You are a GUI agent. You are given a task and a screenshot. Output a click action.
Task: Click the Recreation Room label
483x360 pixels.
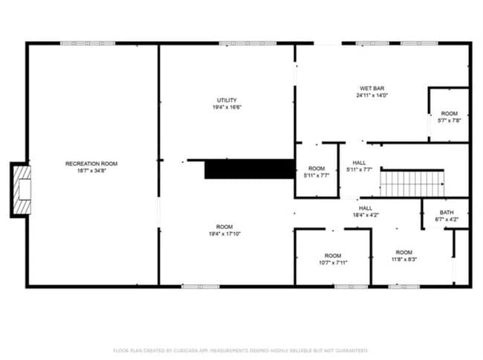pyautogui.click(x=91, y=164)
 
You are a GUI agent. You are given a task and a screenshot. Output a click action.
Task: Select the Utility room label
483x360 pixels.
pyautogui.click(x=227, y=100)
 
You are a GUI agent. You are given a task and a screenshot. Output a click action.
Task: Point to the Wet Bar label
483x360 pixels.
pyautogui.click(x=372, y=89)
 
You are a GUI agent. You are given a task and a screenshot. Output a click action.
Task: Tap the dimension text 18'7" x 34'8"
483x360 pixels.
pyautogui.click(x=91, y=170)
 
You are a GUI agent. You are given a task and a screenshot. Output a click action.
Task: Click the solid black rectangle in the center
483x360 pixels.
pyautogui.click(x=250, y=169)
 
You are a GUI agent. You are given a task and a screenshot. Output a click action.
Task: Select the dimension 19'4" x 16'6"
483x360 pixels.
pyautogui.click(x=227, y=107)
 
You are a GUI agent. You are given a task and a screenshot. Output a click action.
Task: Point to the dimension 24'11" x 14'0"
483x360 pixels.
pyautogui.click(x=372, y=95)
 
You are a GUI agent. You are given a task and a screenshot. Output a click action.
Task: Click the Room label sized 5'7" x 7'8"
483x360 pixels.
pyautogui.click(x=449, y=114)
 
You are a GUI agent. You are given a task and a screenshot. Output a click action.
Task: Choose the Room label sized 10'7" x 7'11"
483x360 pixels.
pyautogui.click(x=332, y=255)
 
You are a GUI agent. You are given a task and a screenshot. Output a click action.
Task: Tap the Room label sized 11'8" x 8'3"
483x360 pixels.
pyautogui.click(x=403, y=252)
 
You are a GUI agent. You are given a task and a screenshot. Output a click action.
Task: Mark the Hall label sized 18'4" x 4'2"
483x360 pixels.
pyautogui.click(x=366, y=208)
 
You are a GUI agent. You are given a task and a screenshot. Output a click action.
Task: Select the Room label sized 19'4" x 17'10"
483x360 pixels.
pyautogui.click(x=224, y=227)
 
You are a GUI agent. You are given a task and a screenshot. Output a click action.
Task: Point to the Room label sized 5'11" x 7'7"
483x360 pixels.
pyautogui.click(x=317, y=169)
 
